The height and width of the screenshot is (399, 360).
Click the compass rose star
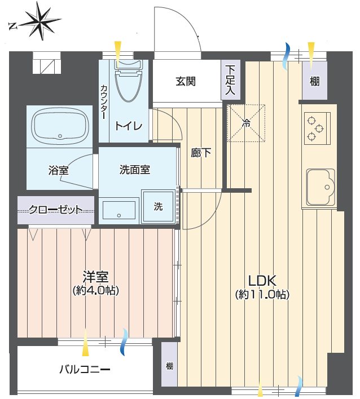[x=41, y=21]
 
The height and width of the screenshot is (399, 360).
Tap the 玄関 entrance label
[x=186, y=81]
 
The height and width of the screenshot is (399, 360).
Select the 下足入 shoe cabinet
[x=231, y=80]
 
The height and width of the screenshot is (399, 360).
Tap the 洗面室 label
[x=135, y=170]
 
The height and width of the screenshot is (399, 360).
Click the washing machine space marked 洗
[x=158, y=207]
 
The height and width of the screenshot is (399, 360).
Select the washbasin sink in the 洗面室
[x=118, y=210]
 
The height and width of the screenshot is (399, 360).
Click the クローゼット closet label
[x=56, y=210]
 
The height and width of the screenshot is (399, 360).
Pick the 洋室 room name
[x=95, y=277]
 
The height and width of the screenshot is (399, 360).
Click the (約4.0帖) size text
[x=96, y=290]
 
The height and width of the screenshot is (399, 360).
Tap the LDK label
[x=262, y=281]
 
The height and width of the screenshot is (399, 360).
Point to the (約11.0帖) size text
[x=262, y=294]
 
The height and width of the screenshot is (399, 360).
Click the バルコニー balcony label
[x=85, y=369]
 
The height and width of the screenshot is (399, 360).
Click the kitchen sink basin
[x=321, y=187]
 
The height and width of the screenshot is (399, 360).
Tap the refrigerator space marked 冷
[x=246, y=123]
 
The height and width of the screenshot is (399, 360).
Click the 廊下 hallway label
[x=201, y=153]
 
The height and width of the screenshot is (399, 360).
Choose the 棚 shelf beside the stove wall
[x=315, y=81]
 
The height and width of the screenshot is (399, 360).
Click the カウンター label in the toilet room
[x=104, y=102]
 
